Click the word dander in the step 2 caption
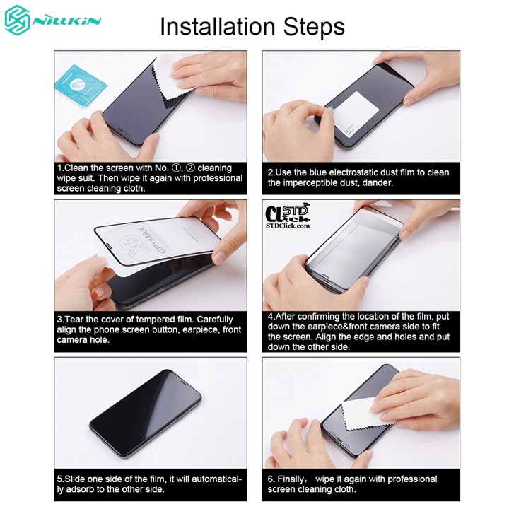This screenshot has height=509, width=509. [x=375, y=183]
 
